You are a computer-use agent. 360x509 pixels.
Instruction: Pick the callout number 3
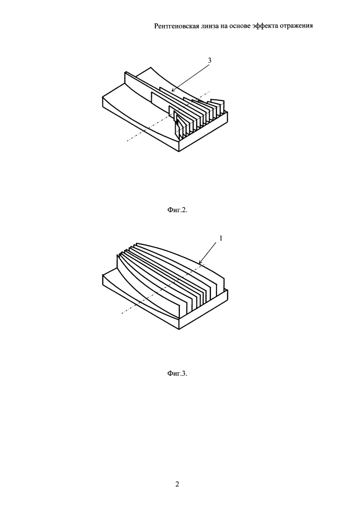210,61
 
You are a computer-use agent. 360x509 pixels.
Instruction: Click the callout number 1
221,238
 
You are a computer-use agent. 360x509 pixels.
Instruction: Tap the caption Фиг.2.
178,210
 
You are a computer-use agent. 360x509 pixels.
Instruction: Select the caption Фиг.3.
178,373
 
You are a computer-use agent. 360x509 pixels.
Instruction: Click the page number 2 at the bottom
177,485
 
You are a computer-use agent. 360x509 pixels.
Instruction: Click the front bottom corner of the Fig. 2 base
179,151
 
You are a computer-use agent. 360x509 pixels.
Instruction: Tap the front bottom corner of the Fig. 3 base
179,330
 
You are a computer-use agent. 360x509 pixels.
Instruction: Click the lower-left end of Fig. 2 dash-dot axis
127,141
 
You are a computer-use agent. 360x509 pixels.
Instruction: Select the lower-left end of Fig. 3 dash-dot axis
122,314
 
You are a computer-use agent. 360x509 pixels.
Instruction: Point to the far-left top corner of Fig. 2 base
102,96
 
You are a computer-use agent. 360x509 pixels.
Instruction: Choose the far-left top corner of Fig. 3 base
102,275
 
